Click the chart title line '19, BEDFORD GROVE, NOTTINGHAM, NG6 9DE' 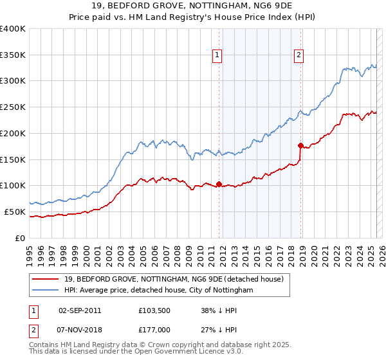point(193,7)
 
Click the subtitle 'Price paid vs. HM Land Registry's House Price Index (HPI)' point(193,18)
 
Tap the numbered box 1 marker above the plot point(218,56)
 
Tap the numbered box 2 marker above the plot point(300,56)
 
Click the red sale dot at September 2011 point(219,184)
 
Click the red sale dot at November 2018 point(300,145)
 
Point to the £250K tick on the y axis point(13,107)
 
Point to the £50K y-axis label point(15,212)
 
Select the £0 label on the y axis point(19,238)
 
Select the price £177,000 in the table point(153,329)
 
